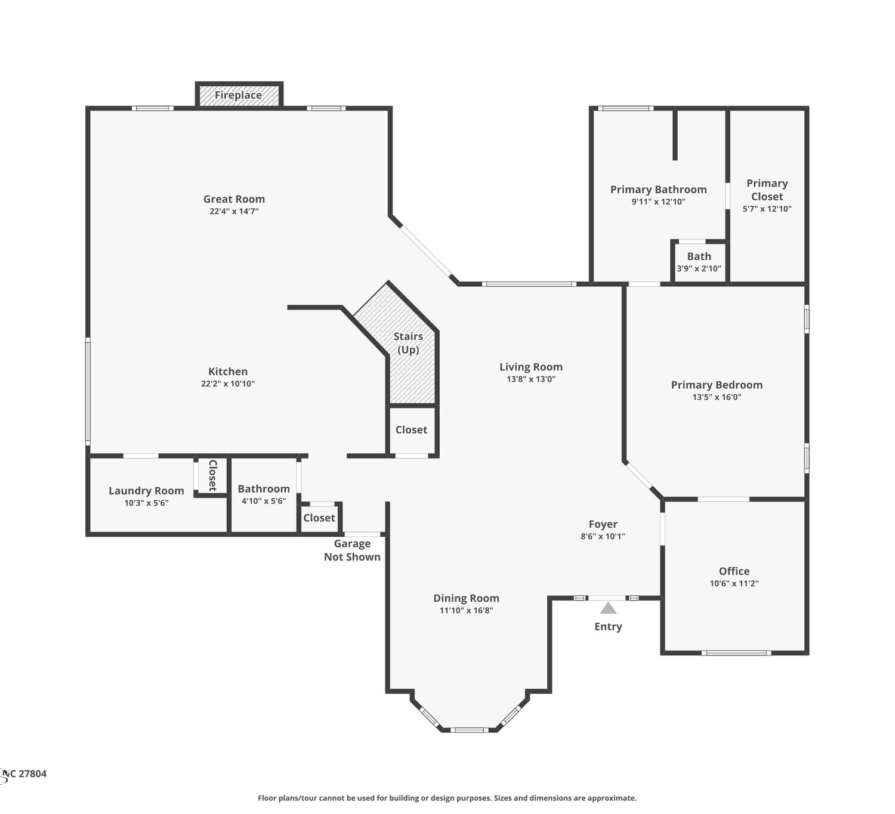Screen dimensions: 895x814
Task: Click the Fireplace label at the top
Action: click(238, 95)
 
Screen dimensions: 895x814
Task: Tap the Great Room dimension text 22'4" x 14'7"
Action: click(234, 211)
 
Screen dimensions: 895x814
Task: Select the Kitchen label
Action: click(228, 371)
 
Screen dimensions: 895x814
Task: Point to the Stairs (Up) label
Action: click(408, 343)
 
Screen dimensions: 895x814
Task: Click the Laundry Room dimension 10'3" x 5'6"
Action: click(146, 503)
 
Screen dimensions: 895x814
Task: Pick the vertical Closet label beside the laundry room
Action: click(213, 475)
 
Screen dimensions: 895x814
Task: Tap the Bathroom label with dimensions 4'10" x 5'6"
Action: click(264, 488)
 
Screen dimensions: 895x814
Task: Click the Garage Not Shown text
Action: click(353, 550)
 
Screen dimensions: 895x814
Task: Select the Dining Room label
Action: click(466, 598)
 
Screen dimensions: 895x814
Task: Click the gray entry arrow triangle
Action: click(608, 608)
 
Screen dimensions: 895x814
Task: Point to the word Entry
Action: click(608, 627)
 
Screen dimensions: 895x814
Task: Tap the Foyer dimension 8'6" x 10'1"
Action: click(603, 536)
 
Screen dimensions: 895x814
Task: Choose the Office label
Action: click(734, 571)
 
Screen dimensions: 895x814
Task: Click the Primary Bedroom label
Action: click(717, 385)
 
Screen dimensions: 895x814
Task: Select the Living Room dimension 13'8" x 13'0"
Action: click(531, 379)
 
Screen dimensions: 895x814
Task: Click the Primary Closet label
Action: click(767, 190)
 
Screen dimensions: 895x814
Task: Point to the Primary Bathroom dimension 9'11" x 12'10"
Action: click(659, 202)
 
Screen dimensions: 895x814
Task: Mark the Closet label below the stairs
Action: click(411, 429)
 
